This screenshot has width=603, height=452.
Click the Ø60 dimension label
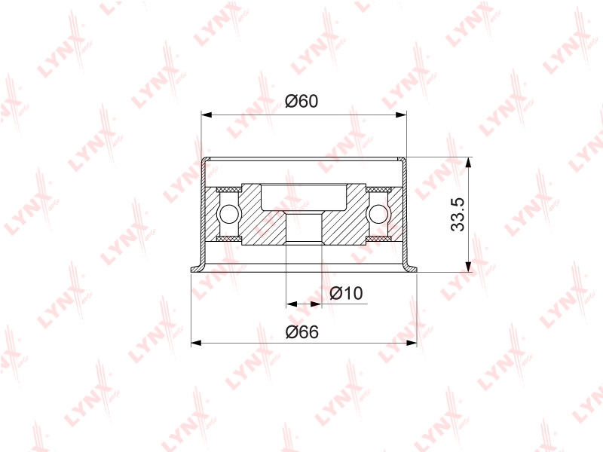tap(301, 101)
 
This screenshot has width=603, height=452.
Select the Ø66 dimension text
tap(302, 331)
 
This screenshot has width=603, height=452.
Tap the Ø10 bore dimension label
tap(346, 293)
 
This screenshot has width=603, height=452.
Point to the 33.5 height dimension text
tap(458, 215)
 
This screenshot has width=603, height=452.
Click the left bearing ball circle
tap(228, 214)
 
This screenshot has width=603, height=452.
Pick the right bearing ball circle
tap(379, 214)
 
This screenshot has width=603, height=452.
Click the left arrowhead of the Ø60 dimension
tap(207, 115)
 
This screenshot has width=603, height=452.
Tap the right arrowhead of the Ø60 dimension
tap(401, 115)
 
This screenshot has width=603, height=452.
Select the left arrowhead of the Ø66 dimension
tap(197, 343)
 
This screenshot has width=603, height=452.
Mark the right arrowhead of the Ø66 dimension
tap(411, 343)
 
